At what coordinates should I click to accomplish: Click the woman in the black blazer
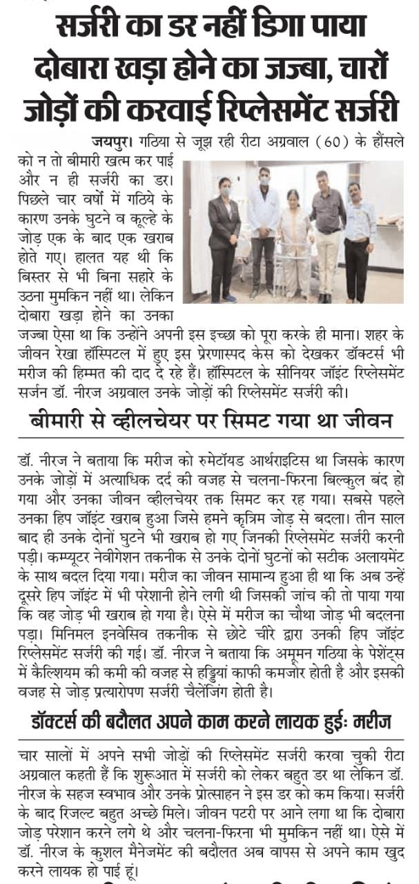click(224, 235)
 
